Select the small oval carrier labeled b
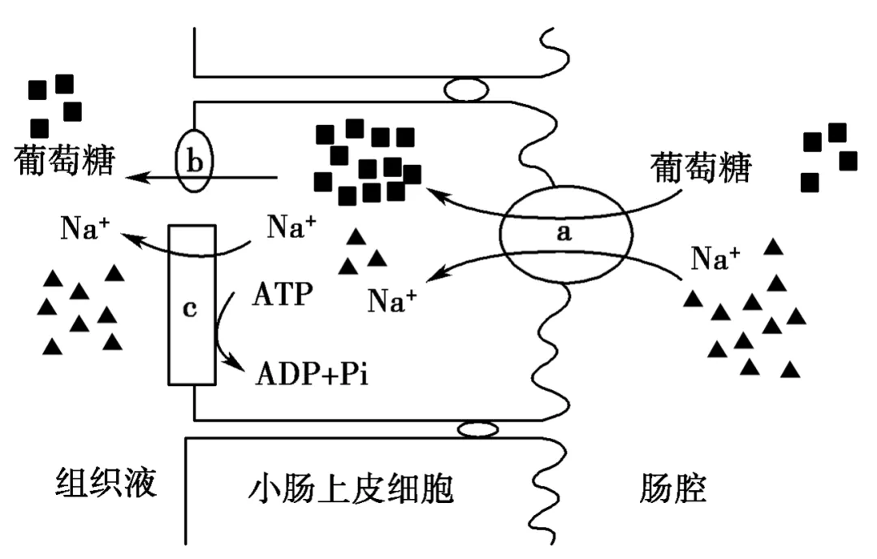[x=195, y=160]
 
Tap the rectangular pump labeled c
[x=192, y=304]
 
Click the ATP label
[x=281, y=294]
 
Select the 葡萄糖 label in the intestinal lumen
[x=702, y=169]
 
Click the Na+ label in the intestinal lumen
[x=715, y=258]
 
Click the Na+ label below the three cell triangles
[x=391, y=301]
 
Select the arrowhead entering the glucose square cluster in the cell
[x=433, y=193]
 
